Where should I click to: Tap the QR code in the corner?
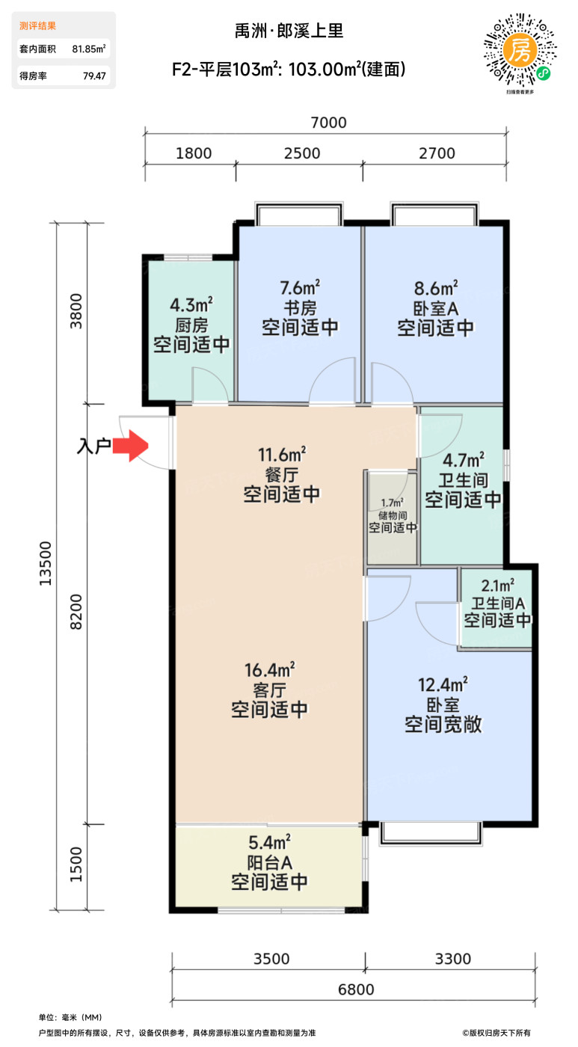pos(521,50)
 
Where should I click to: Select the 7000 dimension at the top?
pos(328,123)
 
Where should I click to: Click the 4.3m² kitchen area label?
pos(191,304)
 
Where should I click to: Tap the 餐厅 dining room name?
pos(281,473)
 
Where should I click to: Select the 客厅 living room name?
pos(269,689)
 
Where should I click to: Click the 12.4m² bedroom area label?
pos(443,684)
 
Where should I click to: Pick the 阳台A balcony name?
pos(269,861)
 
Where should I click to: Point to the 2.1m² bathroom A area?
pos(497,586)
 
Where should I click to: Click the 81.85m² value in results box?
pos(88,49)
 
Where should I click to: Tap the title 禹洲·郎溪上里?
pos(289,31)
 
